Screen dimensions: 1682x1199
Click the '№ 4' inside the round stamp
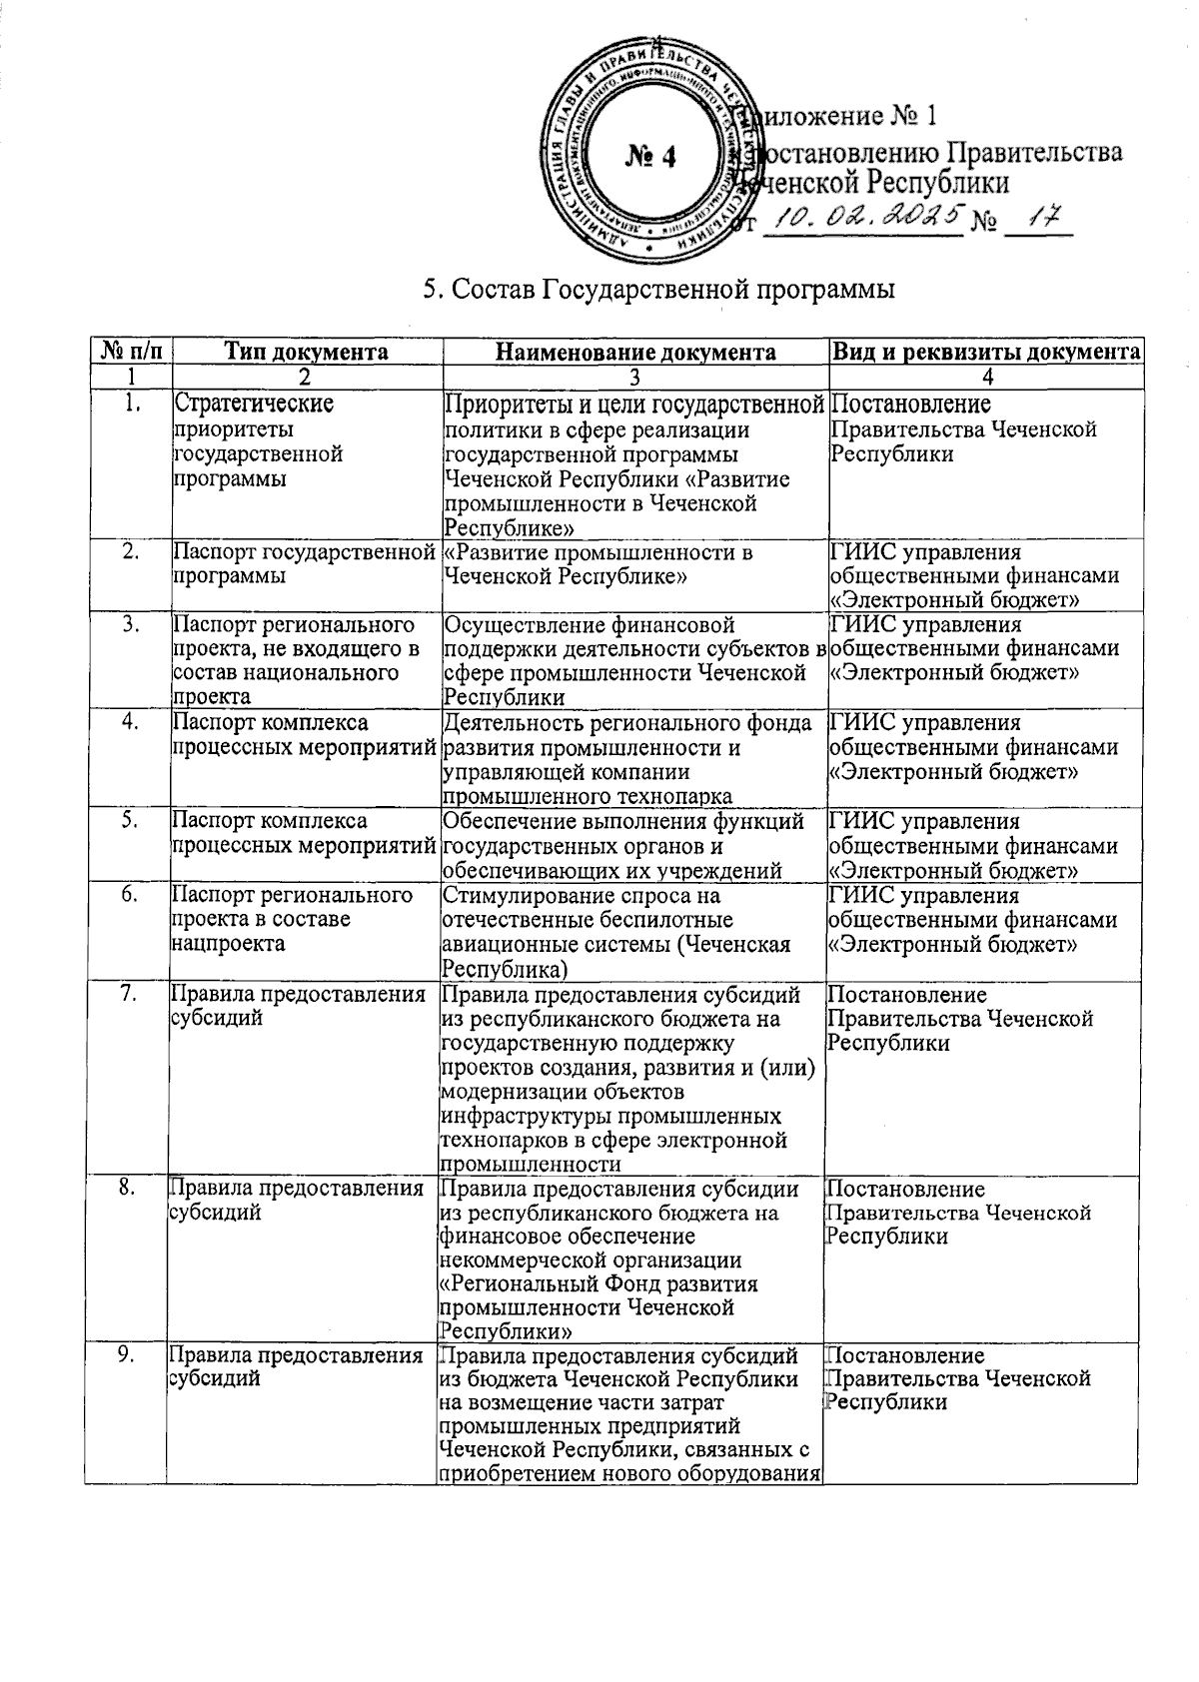tap(650, 156)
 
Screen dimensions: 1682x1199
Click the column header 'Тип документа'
tap(306, 352)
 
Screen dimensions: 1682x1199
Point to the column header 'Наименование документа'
tap(635, 352)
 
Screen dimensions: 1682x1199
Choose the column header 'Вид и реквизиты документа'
tap(986, 352)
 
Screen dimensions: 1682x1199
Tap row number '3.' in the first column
tap(131, 625)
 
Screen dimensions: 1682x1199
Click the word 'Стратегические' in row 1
tap(254, 404)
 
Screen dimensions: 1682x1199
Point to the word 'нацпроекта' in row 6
tap(229, 943)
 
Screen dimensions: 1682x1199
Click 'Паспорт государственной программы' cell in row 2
tap(304, 564)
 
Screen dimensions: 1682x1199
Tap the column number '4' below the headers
tap(986, 378)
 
